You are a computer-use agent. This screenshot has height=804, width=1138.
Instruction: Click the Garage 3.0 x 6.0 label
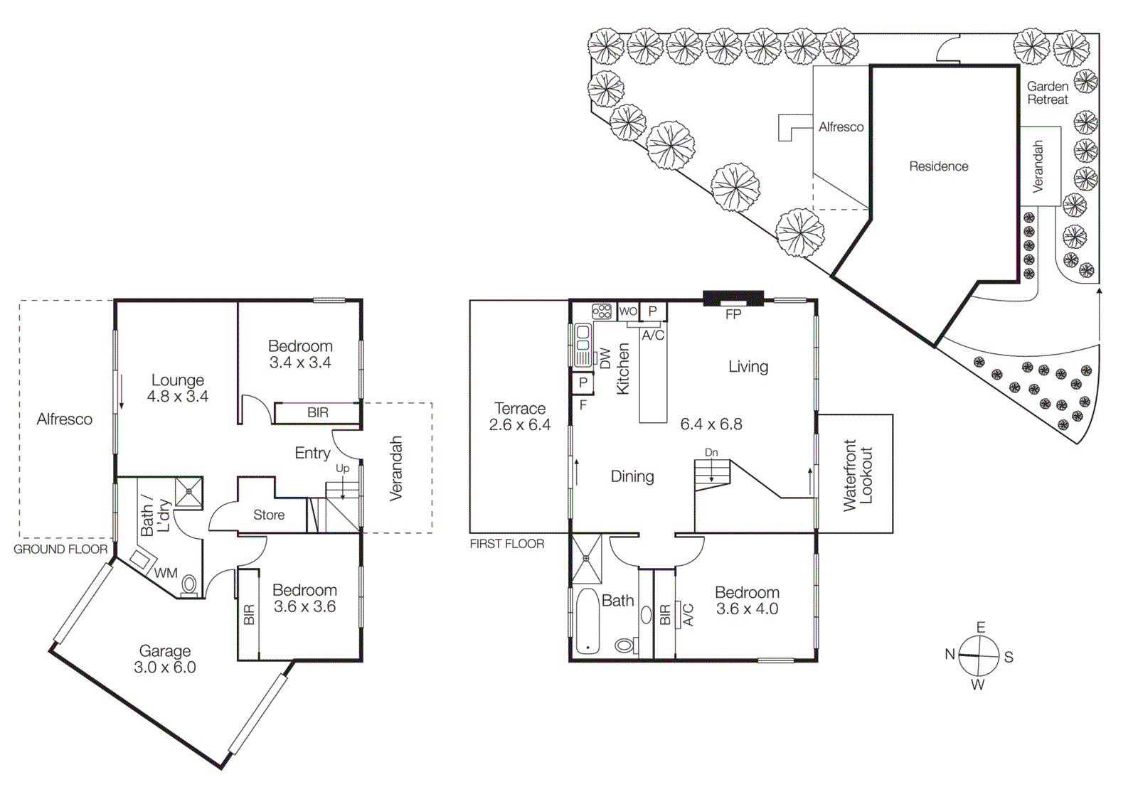coord(165,659)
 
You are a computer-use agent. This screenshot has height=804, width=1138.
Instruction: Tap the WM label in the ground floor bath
coord(166,573)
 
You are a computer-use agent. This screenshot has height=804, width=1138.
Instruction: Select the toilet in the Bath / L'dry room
coord(188,585)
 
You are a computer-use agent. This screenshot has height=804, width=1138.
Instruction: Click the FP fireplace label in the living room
coord(733,314)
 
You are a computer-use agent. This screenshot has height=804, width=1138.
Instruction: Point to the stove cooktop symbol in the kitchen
coord(602,311)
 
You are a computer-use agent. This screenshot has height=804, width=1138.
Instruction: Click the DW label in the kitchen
coord(605,358)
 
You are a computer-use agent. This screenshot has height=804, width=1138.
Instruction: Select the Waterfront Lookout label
coord(857,475)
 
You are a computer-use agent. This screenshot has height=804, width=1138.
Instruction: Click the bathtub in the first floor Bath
coord(587,621)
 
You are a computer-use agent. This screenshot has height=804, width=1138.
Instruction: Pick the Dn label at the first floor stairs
coord(711,452)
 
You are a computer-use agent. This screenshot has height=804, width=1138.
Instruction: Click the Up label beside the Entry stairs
coord(342,468)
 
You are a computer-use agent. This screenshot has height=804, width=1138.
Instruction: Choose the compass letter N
coord(950,655)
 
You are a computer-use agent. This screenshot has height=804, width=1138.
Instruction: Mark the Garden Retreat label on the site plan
coord(1047,93)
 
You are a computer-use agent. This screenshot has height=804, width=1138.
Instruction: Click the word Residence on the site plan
coord(938,166)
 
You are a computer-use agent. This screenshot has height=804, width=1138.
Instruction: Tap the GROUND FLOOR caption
coord(60,550)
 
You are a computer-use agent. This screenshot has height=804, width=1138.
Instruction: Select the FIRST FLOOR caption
coord(506,544)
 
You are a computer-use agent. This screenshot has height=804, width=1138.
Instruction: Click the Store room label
coord(269,515)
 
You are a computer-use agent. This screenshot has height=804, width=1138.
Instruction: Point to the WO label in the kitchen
coord(628,311)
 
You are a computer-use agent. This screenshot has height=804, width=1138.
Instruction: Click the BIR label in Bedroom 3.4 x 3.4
coord(317,412)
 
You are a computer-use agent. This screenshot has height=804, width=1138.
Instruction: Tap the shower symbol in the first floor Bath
coord(587,559)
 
